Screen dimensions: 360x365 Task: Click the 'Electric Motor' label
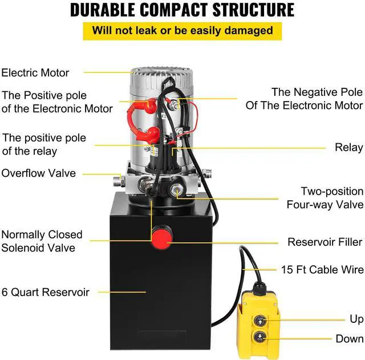[x=35, y=72]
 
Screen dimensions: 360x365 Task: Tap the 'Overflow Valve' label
[x=38, y=173]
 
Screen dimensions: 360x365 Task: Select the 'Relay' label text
[x=348, y=148]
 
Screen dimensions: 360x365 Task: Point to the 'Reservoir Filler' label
[x=325, y=242]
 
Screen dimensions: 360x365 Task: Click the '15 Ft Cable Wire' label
[x=322, y=269]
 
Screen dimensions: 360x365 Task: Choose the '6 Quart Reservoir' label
[x=46, y=292]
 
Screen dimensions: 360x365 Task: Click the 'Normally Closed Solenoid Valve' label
[x=42, y=241]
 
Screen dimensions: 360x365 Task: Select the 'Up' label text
[x=356, y=318]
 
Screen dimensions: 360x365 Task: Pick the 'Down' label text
[x=349, y=339]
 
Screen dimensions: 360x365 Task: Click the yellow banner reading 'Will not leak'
[x=182, y=30]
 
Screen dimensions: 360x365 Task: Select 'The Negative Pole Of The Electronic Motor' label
[x=304, y=98]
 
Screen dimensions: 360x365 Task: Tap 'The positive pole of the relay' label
[x=44, y=144]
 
